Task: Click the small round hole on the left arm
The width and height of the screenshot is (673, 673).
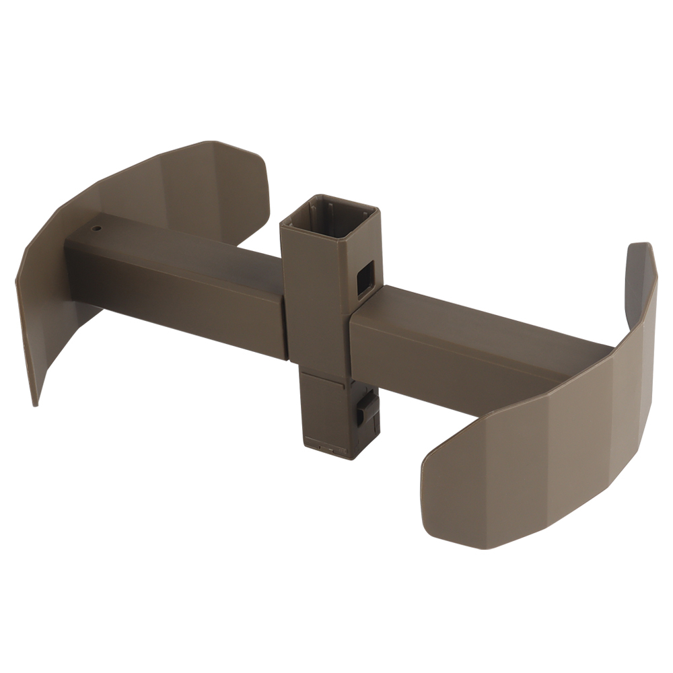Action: pos(96,228)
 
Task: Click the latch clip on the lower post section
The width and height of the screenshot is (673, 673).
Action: pos(367,409)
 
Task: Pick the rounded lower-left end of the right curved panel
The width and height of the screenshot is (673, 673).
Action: pos(431,485)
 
